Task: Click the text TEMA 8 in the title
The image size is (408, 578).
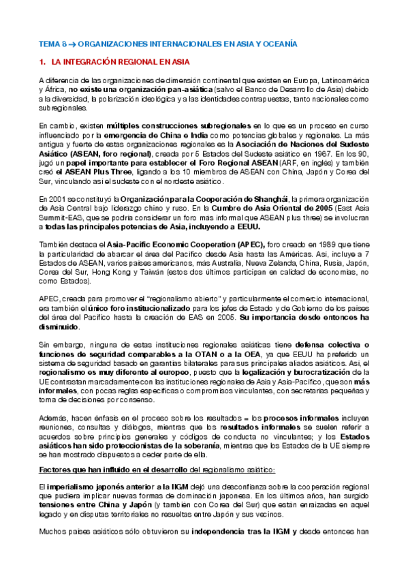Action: pos(52,43)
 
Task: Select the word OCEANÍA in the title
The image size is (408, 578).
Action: pos(279,43)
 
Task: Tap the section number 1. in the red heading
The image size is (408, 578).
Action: pos(42,62)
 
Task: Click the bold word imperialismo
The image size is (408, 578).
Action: pos(72,487)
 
